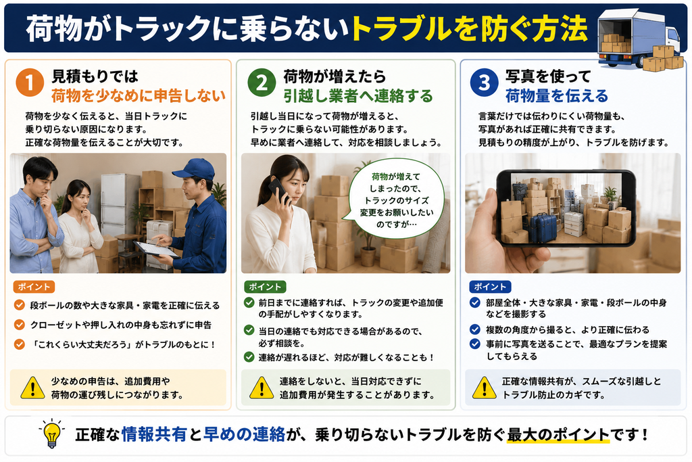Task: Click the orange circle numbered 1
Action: pos(30,83)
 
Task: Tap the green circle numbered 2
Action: pos(262,83)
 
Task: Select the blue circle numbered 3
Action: pos(484,83)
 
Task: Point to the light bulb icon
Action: pos(51,434)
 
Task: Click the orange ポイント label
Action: pos(34,287)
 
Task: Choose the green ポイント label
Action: pos(265,287)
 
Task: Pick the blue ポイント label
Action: pos(490,287)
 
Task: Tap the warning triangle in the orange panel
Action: pos(32,388)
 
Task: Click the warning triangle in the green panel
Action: pos(262,388)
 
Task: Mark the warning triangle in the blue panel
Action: pos(484,388)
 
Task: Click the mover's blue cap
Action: pos(194,168)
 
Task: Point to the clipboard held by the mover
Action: pos(157,250)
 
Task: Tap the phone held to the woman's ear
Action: pos(280,191)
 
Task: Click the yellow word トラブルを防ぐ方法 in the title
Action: pos(469,29)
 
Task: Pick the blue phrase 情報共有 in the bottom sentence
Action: pos(154,435)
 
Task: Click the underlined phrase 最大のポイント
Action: pos(558,435)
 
